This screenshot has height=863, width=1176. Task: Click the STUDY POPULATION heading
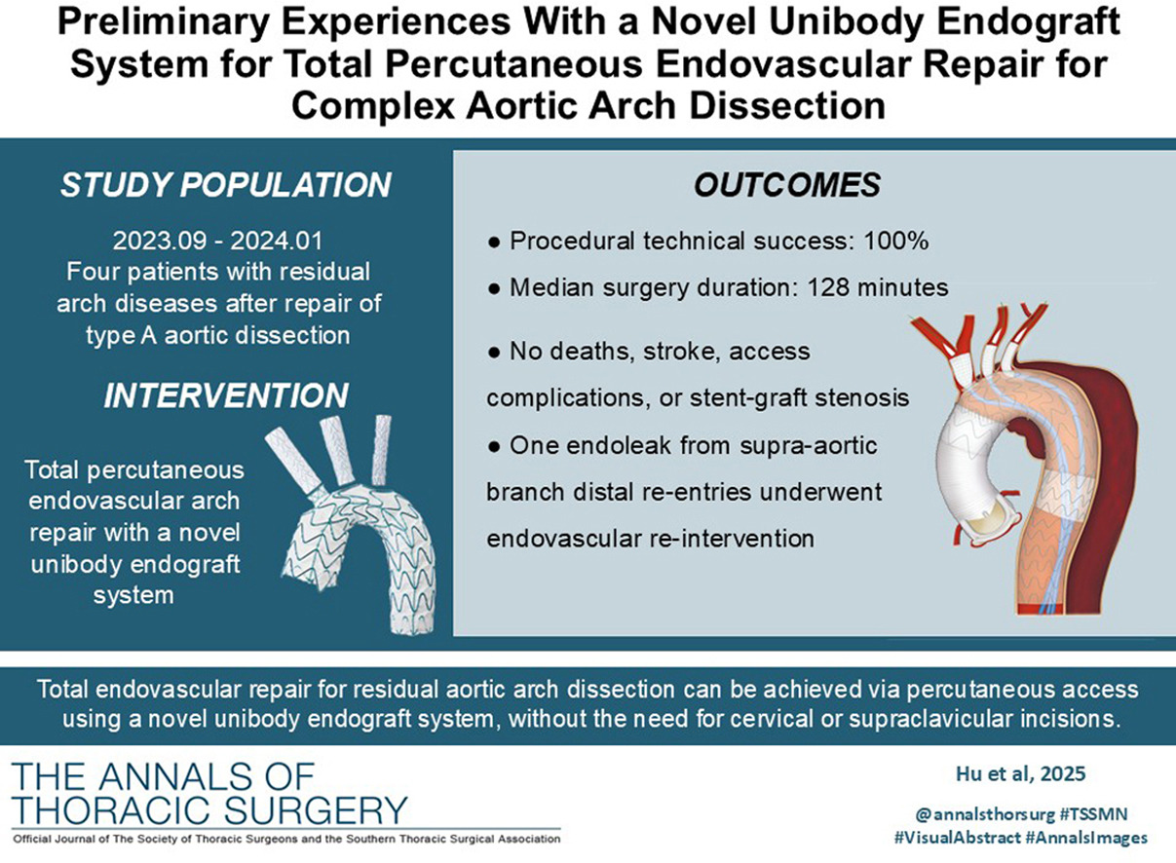(226, 185)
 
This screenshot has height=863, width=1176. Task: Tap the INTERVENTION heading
(226, 395)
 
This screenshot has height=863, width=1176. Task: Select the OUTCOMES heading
(787, 185)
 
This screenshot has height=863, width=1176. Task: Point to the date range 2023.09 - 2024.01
(217, 241)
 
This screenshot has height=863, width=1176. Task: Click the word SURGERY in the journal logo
(316, 810)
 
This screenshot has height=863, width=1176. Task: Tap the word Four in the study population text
(92, 272)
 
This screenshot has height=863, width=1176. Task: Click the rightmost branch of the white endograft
(382, 450)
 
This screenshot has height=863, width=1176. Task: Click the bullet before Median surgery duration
(494, 288)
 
